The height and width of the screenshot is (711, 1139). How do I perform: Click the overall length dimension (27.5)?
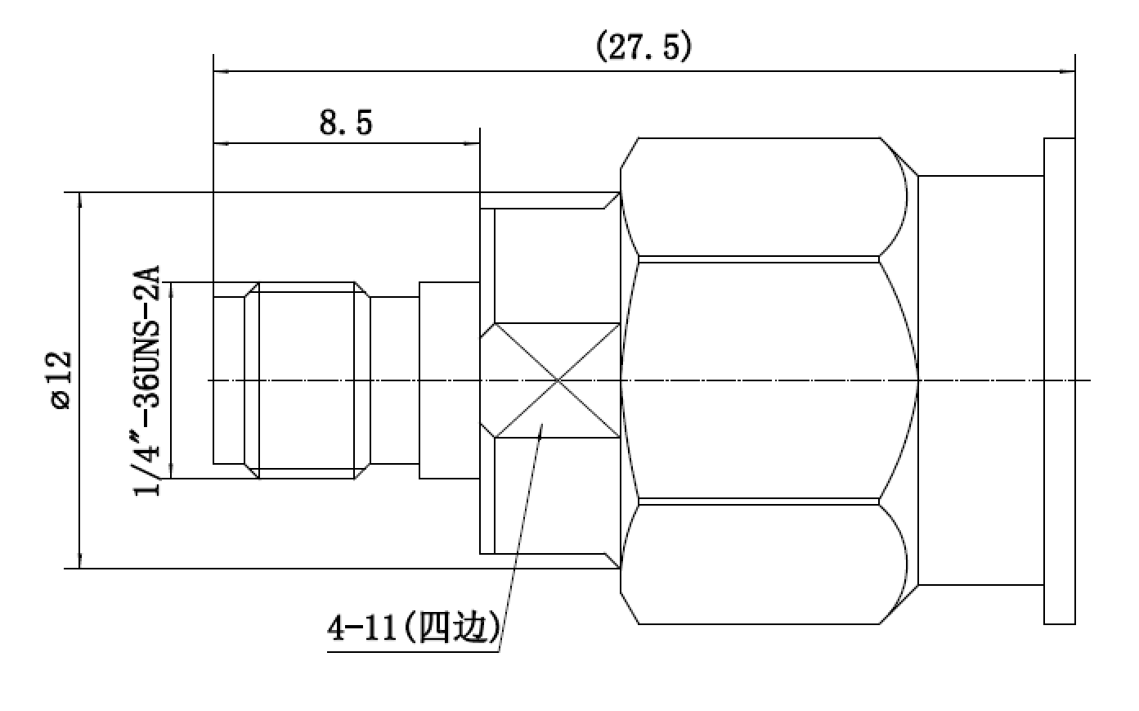coord(643,47)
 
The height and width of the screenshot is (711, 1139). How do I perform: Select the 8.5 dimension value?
coord(346,123)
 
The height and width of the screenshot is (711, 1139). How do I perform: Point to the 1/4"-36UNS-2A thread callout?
coord(146,380)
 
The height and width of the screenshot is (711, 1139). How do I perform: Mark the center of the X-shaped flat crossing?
coord(558,380)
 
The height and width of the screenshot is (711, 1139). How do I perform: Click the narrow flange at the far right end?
coord(1059,380)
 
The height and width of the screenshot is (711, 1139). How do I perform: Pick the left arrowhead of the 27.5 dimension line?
coord(221,71)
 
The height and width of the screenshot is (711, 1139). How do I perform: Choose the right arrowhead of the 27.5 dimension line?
coord(1067,71)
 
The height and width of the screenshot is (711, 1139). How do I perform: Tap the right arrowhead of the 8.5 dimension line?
coord(473,143)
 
